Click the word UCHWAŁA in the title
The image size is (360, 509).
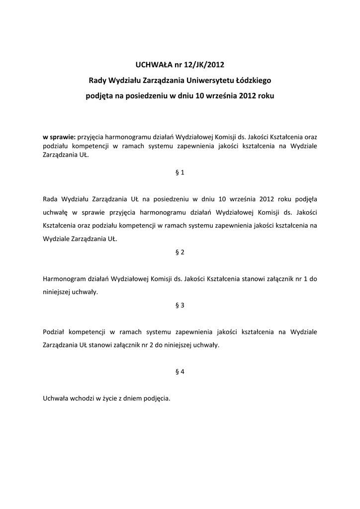152,64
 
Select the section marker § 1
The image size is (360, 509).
180,172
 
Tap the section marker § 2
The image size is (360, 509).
180,252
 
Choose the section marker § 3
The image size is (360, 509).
180,305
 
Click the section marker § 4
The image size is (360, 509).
180,372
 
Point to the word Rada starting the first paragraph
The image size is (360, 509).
51,199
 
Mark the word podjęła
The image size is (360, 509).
304,199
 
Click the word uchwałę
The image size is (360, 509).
55,213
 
